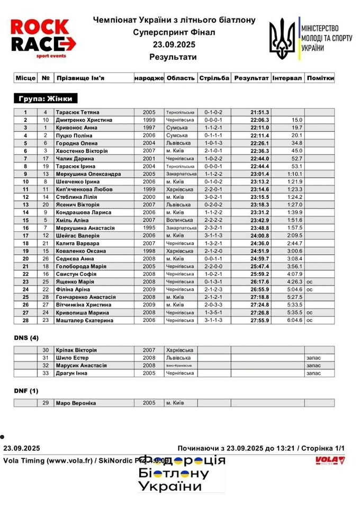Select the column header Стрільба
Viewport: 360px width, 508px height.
214,78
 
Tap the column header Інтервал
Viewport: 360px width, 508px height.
287,78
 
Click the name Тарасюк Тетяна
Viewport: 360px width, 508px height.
78,112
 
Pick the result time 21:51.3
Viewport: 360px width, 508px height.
259,112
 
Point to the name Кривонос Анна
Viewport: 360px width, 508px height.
77,128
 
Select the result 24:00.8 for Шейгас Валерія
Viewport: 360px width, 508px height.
259,235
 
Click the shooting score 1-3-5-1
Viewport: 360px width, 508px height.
214,313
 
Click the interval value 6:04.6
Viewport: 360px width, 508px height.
294,321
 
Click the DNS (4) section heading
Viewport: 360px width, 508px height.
26,338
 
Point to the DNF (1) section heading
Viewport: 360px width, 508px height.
26,391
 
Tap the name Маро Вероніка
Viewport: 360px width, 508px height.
76,403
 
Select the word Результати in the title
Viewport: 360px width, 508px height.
173,57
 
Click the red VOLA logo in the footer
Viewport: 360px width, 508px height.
329,460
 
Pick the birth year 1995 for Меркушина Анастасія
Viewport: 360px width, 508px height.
149,228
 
